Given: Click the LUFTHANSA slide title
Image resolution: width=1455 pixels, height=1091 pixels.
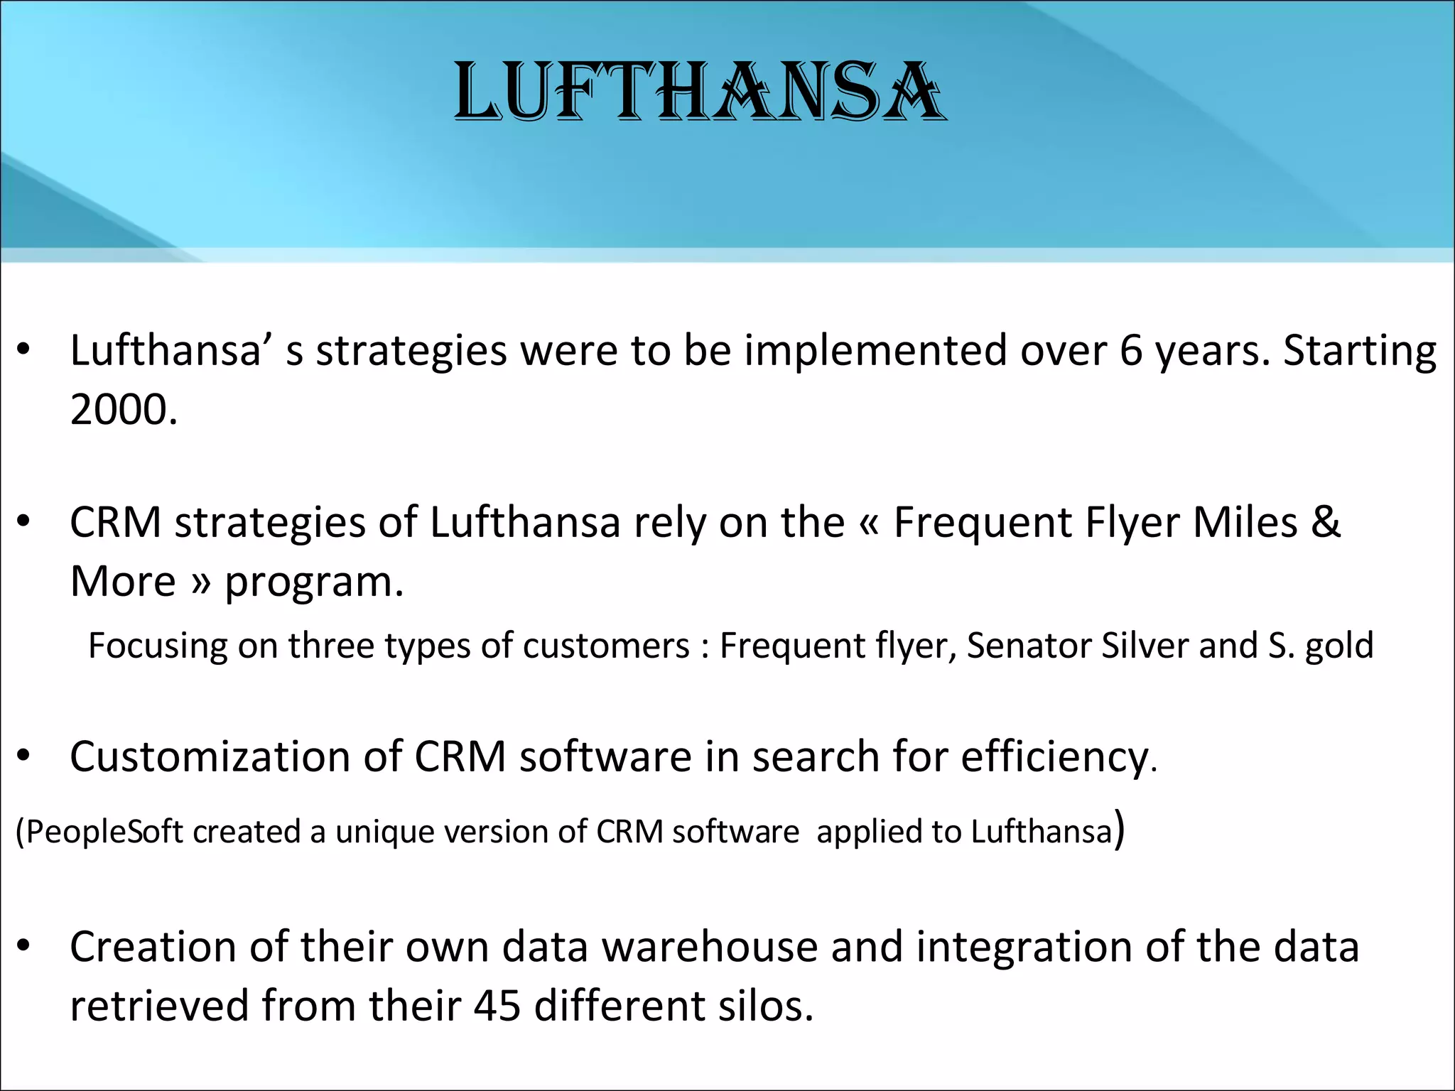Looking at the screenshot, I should pyautogui.click(x=700, y=92).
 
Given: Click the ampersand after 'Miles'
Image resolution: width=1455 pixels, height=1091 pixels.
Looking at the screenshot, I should pyautogui.click(x=1325, y=523).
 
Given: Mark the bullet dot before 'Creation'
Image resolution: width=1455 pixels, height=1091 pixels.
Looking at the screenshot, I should pyautogui.click(x=23, y=945).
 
